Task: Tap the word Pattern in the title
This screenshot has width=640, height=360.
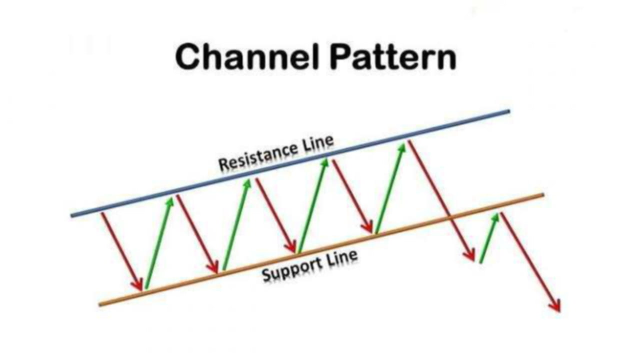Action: click(393, 56)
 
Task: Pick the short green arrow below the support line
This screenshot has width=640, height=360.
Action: click(489, 238)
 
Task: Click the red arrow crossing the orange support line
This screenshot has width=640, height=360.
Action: click(442, 200)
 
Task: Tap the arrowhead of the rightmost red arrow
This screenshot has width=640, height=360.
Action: click(556, 307)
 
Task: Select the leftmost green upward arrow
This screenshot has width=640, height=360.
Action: click(158, 243)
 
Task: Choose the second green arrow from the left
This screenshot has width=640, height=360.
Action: click(236, 225)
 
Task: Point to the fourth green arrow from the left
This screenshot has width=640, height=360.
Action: click(390, 188)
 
